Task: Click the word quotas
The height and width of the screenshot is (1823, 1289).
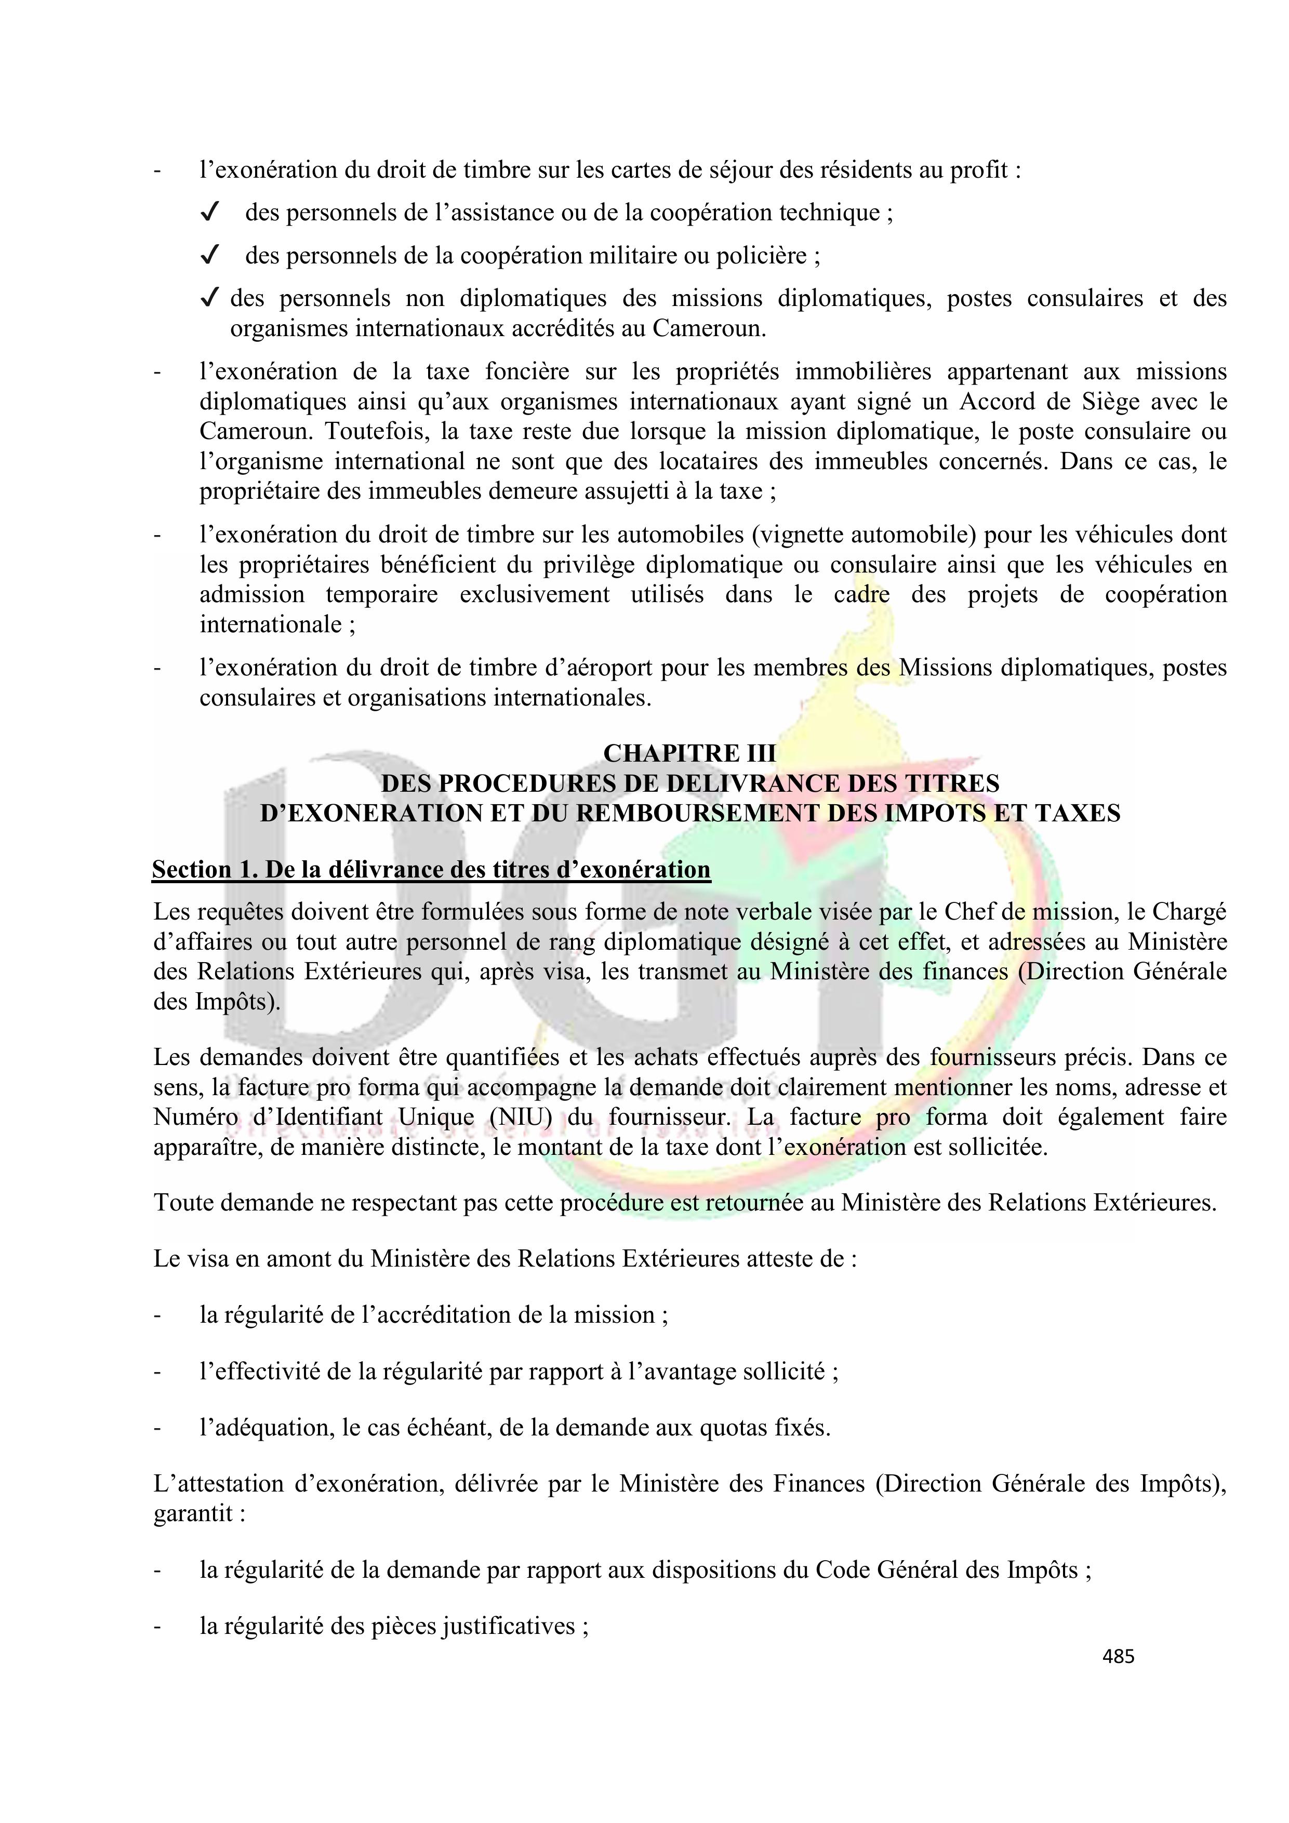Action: click(x=733, y=1428)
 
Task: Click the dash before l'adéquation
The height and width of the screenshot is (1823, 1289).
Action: click(x=157, y=1428)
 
